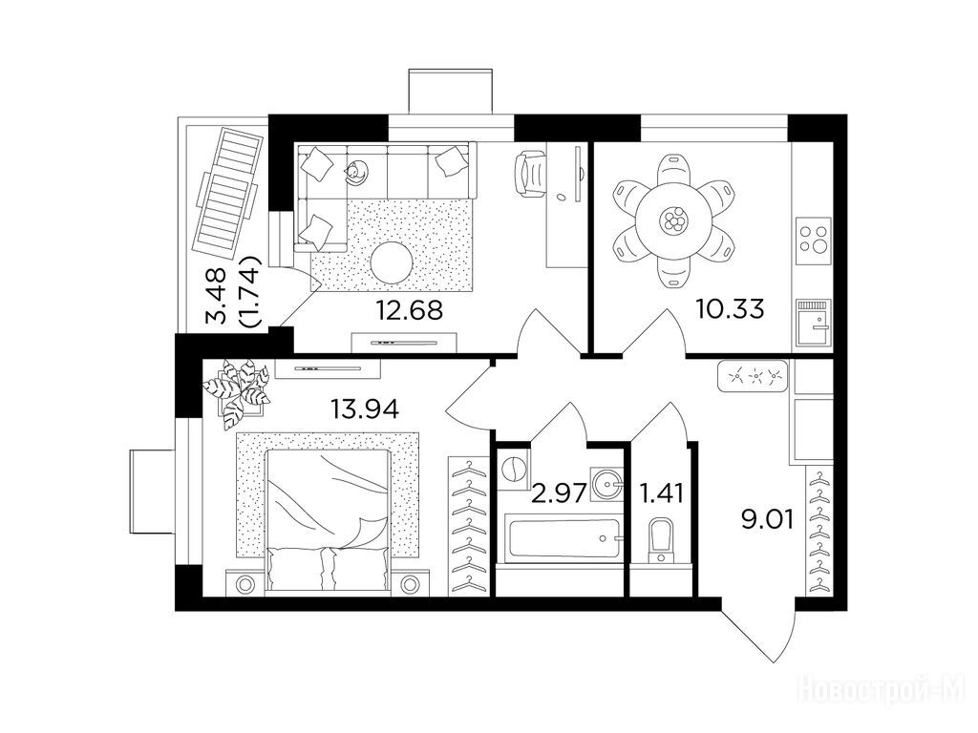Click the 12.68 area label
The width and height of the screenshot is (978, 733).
tap(409, 310)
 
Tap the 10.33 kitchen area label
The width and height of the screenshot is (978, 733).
tap(731, 308)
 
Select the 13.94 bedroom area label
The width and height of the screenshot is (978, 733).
tap(365, 409)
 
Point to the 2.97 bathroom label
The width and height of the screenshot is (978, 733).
tap(558, 493)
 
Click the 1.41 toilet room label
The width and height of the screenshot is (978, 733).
tap(662, 493)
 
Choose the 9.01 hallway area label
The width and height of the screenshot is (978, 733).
tap(767, 518)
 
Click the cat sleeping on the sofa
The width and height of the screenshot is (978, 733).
tap(356, 171)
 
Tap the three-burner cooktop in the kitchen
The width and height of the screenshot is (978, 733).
tap(815, 237)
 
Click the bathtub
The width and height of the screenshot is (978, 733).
tap(563, 538)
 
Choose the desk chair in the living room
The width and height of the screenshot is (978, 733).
tap(529, 175)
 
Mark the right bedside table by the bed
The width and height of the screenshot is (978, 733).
tap(409, 585)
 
